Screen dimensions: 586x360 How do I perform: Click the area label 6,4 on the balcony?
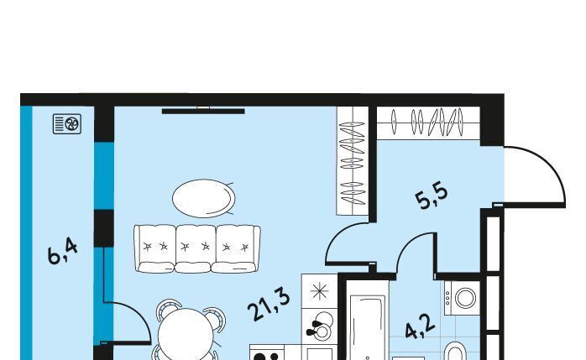63,252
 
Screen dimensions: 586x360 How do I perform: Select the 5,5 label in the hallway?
432,196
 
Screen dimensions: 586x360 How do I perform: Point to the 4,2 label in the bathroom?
420,327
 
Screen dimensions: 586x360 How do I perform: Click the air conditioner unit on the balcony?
67,124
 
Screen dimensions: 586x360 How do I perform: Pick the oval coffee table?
204,198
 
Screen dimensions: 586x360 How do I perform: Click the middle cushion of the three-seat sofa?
195,248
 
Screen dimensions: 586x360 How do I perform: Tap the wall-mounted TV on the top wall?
203,111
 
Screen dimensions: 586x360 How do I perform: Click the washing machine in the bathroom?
462,298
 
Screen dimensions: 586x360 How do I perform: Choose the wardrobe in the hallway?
428,123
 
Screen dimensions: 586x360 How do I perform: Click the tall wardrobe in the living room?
353,160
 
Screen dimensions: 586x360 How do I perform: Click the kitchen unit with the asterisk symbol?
320,291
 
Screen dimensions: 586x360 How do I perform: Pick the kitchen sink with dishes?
320,326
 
